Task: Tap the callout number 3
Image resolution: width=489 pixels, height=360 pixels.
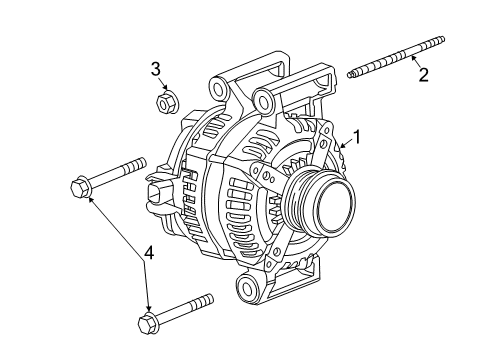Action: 156,69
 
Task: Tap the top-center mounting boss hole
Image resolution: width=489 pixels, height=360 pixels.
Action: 264,99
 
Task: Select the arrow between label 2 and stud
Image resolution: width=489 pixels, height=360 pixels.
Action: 412,62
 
